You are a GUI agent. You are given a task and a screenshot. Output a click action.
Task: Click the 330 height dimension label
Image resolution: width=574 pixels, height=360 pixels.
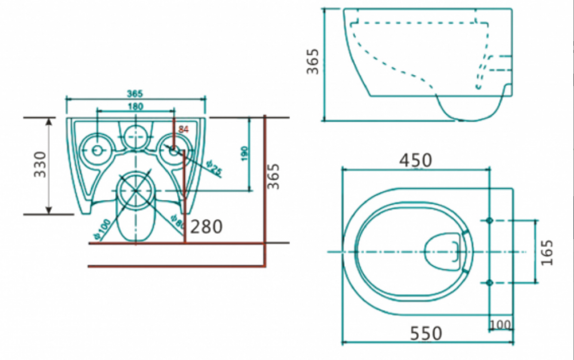point(40,165)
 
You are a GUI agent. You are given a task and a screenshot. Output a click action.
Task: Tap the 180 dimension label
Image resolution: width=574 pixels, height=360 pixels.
point(135,106)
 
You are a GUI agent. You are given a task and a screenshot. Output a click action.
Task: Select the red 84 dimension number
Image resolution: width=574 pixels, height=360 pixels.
point(184,129)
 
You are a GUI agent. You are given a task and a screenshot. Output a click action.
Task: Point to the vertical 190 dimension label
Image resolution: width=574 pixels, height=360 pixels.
point(245,154)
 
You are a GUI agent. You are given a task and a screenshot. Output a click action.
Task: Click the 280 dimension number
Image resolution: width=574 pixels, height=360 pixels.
point(206,227)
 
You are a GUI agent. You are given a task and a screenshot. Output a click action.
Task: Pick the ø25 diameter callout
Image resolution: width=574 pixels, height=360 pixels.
point(214,168)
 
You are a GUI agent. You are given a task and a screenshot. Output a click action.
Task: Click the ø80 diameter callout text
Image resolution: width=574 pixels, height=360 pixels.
point(178,221)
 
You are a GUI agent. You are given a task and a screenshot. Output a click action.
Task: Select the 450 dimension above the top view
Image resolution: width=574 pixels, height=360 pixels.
point(415,160)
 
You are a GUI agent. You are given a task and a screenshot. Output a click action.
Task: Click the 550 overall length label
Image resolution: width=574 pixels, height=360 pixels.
point(426,333)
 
